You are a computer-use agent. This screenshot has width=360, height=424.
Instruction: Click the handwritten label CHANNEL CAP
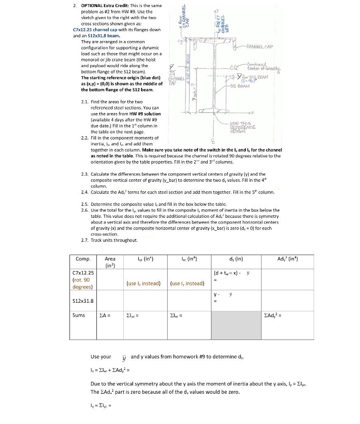[x=259, y=47]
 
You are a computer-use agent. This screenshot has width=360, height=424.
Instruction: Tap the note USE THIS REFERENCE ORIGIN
[x=245, y=127]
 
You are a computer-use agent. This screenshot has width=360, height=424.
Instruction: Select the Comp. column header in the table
[x=83, y=259]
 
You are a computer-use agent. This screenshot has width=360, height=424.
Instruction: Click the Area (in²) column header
[x=110, y=262]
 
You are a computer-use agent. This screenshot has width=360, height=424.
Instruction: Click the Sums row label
[x=79, y=315]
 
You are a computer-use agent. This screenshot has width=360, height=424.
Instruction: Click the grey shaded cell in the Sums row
[x=236, y=325]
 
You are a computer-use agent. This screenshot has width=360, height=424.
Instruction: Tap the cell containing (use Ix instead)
[x=144, y=283]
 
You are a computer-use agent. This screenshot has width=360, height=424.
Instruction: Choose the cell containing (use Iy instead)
[x=187, y=283]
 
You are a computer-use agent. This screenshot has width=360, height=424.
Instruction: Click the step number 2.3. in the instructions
[x=85, y=174]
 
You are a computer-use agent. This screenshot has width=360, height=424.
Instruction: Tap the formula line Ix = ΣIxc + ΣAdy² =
[x=110, y=370]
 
